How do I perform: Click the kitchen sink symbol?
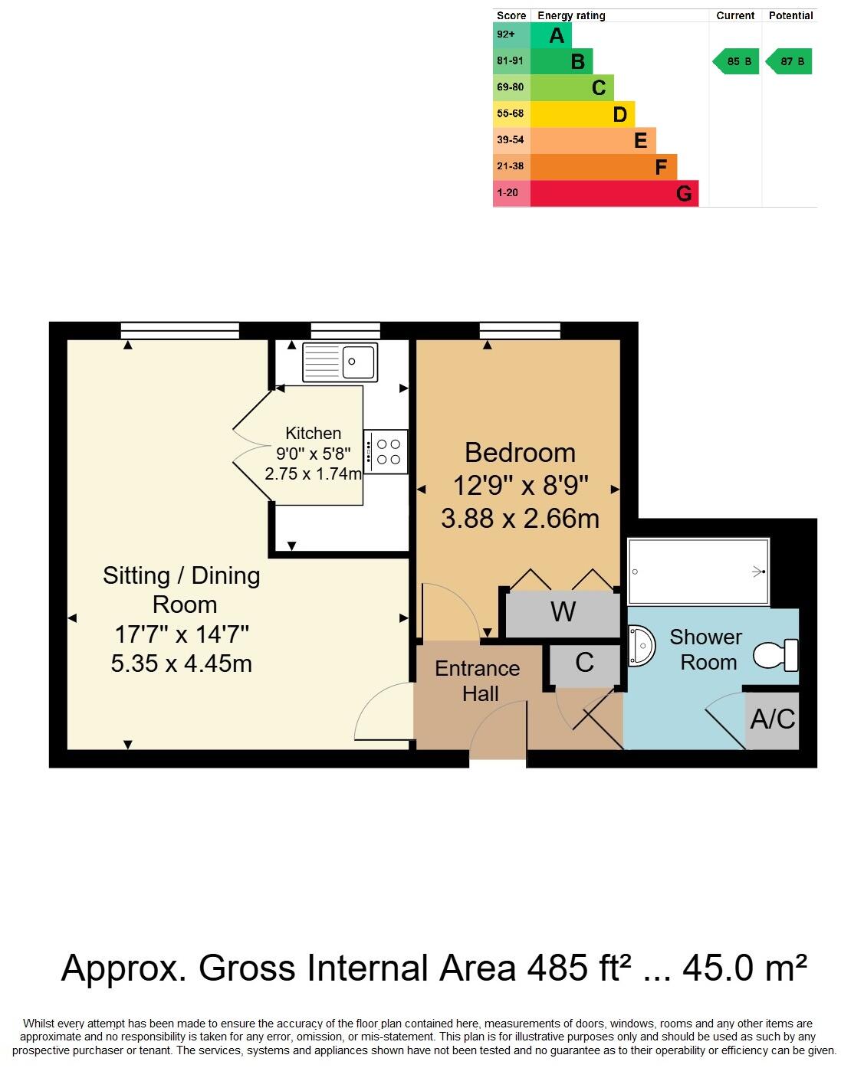point(340,362)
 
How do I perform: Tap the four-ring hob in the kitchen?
point(386,451)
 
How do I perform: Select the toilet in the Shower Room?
point(776,655)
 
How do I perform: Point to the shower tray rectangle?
point(698,572)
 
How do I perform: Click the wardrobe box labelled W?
point(563,613)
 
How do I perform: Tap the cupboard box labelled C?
point(584,663)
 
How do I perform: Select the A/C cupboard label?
point(772,719)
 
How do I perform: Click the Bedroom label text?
point(520,453)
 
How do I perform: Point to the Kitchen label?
point(313,433)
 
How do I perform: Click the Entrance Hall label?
point(477,681)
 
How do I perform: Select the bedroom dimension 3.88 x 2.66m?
point(520,519)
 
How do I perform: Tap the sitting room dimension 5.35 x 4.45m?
point(182,663)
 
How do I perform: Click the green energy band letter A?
point(557,35)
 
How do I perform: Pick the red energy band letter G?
point(684,194)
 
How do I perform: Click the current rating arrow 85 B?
point(737,61)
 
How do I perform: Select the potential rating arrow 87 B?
point(789,61)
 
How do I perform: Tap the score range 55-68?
point(510,113)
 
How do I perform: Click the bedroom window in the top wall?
point(520,330)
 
